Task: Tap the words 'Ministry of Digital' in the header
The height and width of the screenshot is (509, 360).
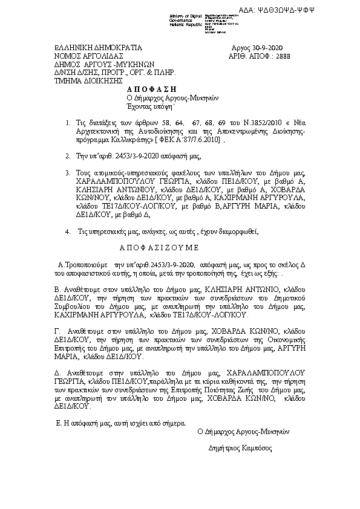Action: (x=184, y=16)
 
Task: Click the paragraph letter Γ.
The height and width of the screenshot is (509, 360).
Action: (x=57, y=332)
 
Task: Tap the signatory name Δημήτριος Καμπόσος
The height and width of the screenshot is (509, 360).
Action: (x=240, y=449)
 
